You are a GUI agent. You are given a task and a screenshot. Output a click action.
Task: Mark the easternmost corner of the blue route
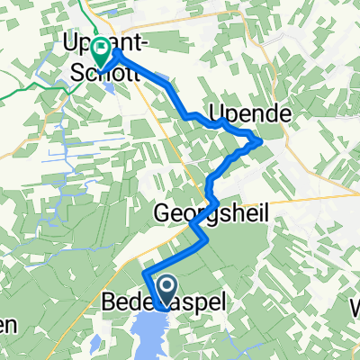pyautogui.click(x=262, y=140)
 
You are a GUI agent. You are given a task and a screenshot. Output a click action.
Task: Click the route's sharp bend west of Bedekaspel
pyautogui.click(x=144, y=270)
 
